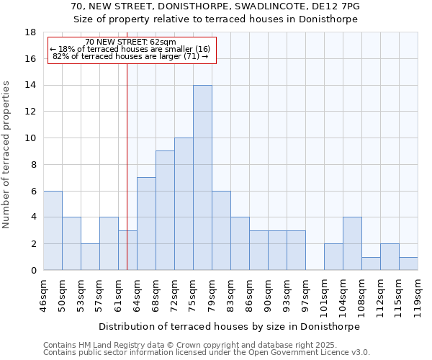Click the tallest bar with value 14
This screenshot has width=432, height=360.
point(202,178)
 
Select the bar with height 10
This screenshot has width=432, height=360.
point(184,204)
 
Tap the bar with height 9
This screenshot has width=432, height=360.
point(165,210)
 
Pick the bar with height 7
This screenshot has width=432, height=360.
point(146,224)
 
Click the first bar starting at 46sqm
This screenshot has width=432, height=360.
point(53,230)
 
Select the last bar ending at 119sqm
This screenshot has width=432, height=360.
point(408,264)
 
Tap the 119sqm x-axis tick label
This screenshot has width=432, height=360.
point(418,294)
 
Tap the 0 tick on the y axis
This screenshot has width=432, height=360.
point(33,271)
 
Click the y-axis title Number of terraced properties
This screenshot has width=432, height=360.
point(7,155)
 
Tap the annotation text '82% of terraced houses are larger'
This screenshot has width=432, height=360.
point(130,56)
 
